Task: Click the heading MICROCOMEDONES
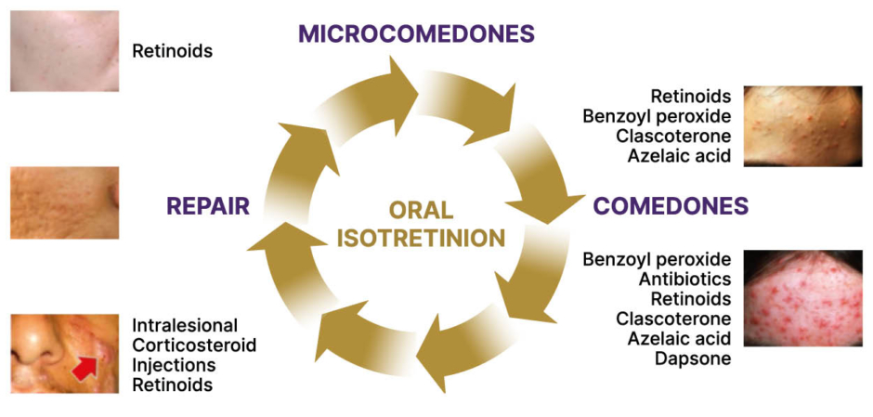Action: [416, 34]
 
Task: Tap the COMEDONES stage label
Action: [671, 205]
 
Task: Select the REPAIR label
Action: [208, 206]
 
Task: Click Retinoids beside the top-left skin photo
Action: [172, 51]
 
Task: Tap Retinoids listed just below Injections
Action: [172, 384]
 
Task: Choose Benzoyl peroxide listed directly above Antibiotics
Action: [657, 258]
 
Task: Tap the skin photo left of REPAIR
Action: [64, 202]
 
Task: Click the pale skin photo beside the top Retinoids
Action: [64, 50]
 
